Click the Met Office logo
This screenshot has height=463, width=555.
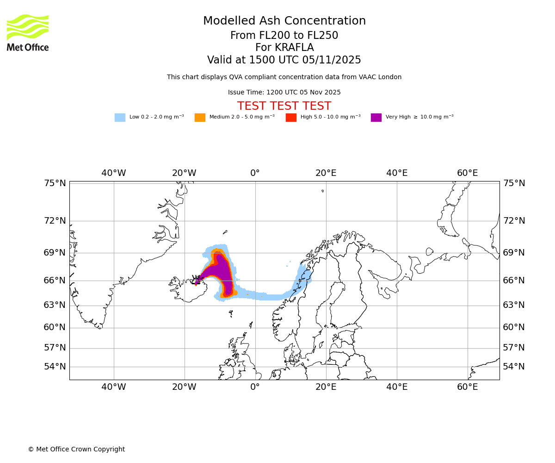28,32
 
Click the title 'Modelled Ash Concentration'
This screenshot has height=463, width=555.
284,21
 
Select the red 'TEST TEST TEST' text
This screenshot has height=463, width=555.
284,106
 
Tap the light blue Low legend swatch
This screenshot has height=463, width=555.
120,117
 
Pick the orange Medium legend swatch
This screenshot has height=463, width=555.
200,117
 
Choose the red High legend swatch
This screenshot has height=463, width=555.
291,117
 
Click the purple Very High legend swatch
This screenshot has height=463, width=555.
376,117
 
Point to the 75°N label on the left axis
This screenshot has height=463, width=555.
55,183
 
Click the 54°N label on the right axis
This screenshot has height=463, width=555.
514,367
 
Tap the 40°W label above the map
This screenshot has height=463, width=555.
114,173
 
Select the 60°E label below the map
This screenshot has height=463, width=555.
467,387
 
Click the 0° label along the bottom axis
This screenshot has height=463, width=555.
255,387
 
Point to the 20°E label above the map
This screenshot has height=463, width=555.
326,173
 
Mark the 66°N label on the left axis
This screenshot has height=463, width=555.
55,281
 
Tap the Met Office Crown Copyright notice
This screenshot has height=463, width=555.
76,449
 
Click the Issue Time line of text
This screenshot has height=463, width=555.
284,92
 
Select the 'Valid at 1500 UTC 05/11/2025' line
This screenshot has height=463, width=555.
284,60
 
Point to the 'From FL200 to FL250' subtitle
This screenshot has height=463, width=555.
284,36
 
